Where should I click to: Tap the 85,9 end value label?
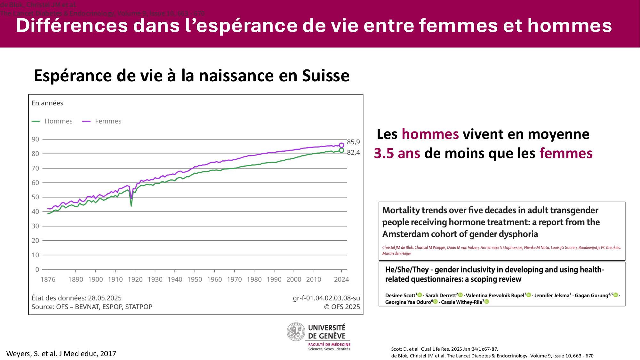pos(353,142)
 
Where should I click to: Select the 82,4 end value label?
pos(353,153)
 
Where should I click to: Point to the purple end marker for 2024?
pos(341,145)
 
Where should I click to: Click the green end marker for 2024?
pos(341,150)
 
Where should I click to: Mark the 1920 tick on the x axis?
pos(135,279)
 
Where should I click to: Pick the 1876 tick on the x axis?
pos(48,279)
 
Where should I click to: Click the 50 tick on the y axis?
pos(35,197)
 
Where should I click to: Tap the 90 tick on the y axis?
pos(35,139)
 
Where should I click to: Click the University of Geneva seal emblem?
pos(296,332)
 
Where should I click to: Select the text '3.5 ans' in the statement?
pos(397,153)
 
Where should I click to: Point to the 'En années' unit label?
pos(47,103)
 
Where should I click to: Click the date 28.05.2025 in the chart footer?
pos(105,298)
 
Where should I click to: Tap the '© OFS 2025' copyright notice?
pos(342,307)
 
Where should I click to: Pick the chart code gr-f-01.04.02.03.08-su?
pos(326,298)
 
